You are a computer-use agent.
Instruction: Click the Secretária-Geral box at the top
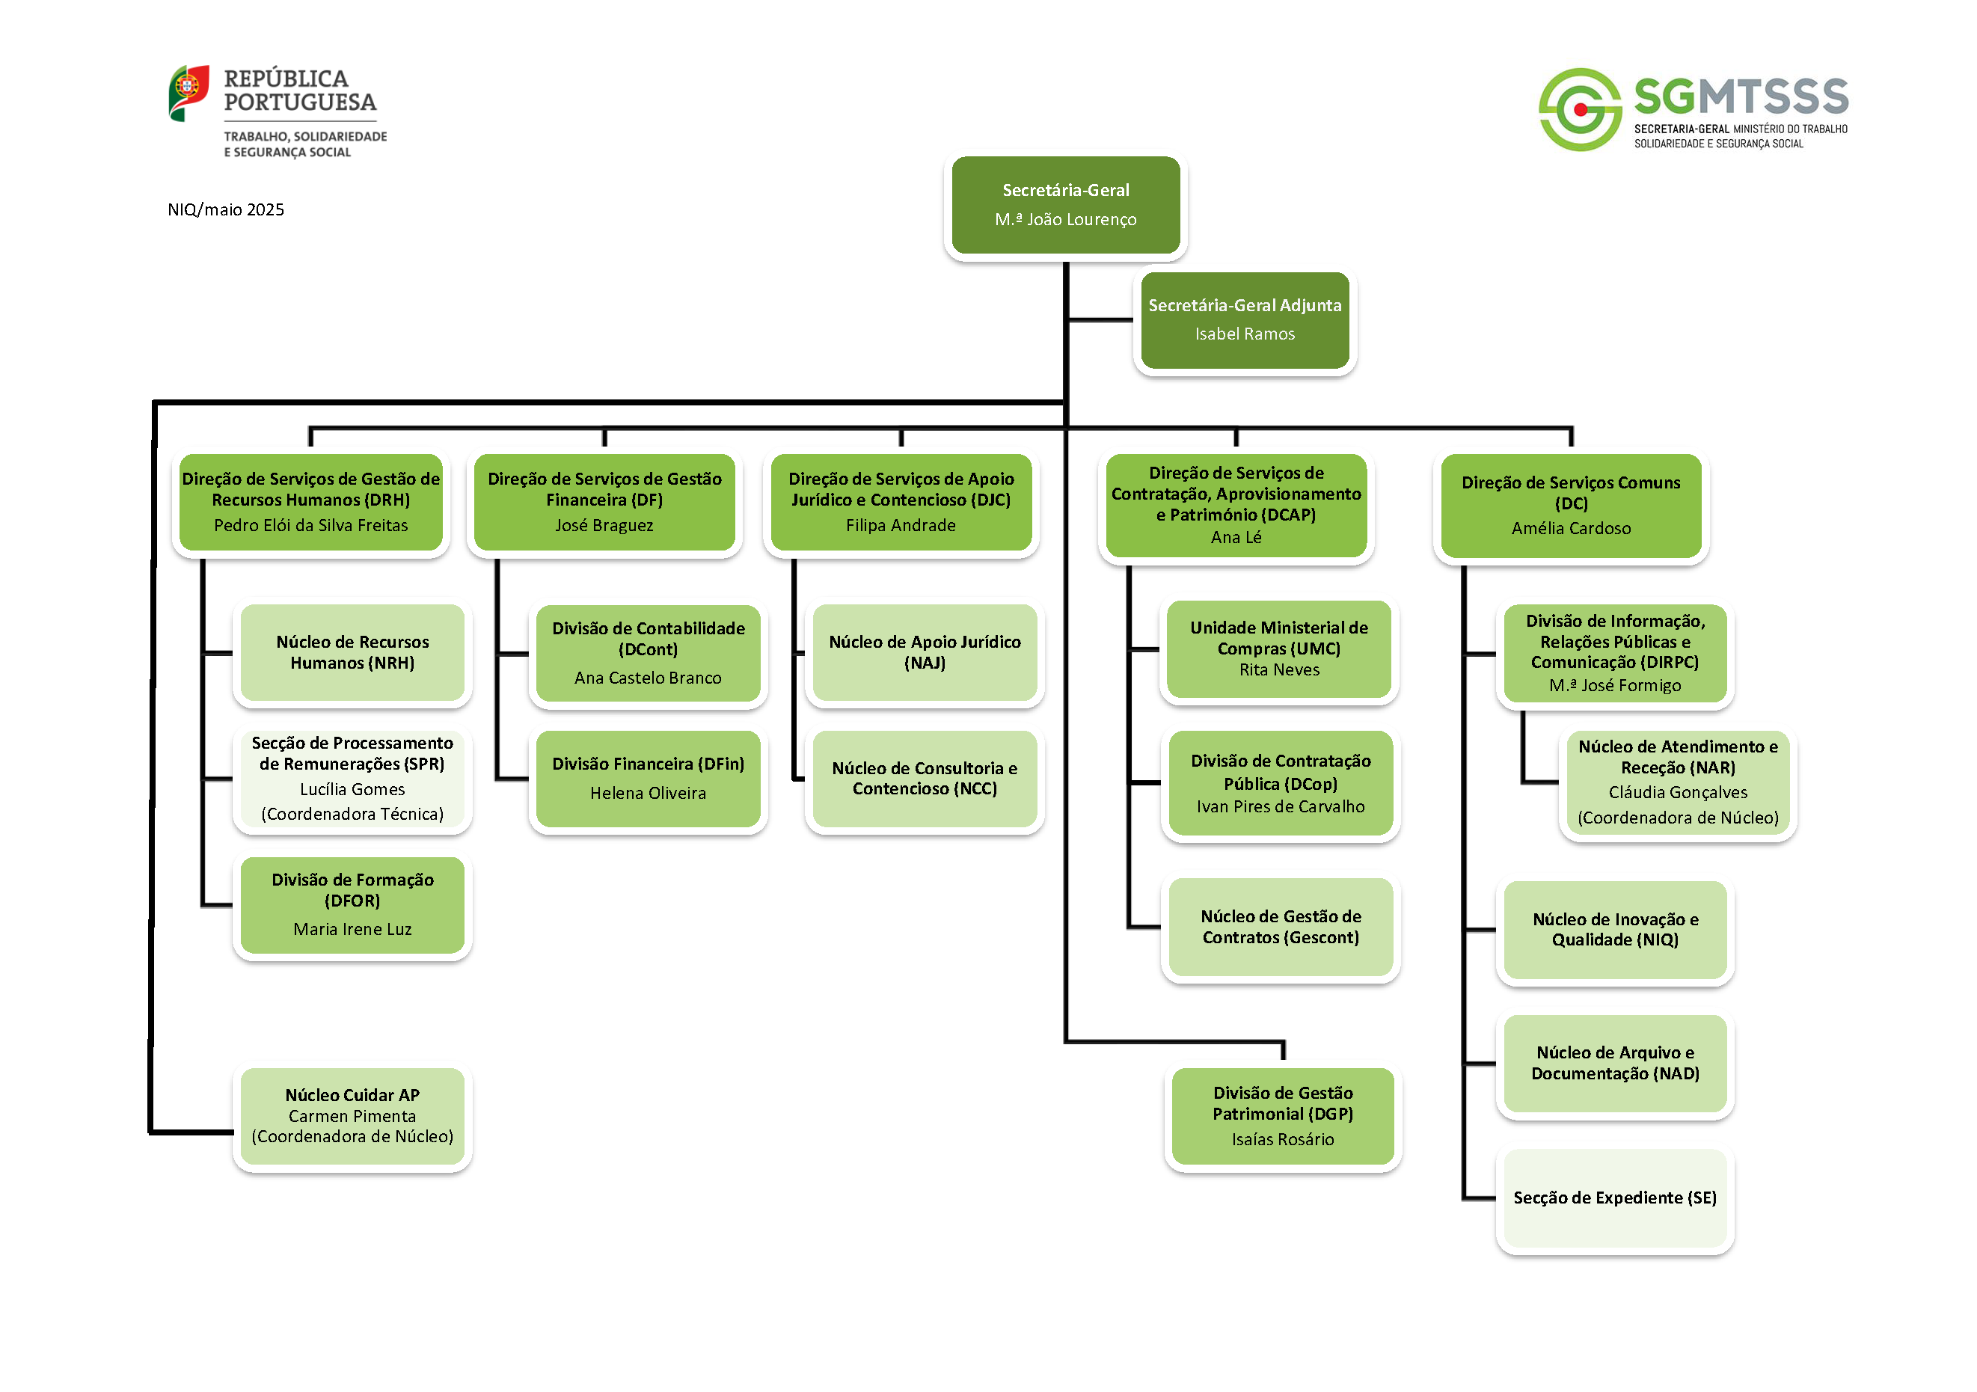pos(1065,205)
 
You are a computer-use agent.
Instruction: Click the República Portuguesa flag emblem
pos(188,92)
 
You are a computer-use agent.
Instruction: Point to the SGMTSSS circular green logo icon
pos(1580,109)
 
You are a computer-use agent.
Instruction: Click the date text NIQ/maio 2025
pos(226,210)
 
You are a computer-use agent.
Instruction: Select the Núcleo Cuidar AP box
pos(352,1116)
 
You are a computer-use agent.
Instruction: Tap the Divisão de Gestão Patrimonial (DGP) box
pos(1282,1116)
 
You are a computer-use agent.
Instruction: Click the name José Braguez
pos(604,525)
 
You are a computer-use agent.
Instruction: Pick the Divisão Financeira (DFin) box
pos(648,778)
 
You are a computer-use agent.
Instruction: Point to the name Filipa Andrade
pos(901,525)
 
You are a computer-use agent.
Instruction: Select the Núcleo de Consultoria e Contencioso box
pos(924,778)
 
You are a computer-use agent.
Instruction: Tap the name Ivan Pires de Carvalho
pos(1281,806)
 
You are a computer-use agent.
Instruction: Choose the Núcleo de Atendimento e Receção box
pos(1677,782)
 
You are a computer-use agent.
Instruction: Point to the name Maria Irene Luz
pos(352,929)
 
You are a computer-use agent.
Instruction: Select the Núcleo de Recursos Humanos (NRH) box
pos(352,652)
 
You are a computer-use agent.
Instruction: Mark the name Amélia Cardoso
pos(1571,529)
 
